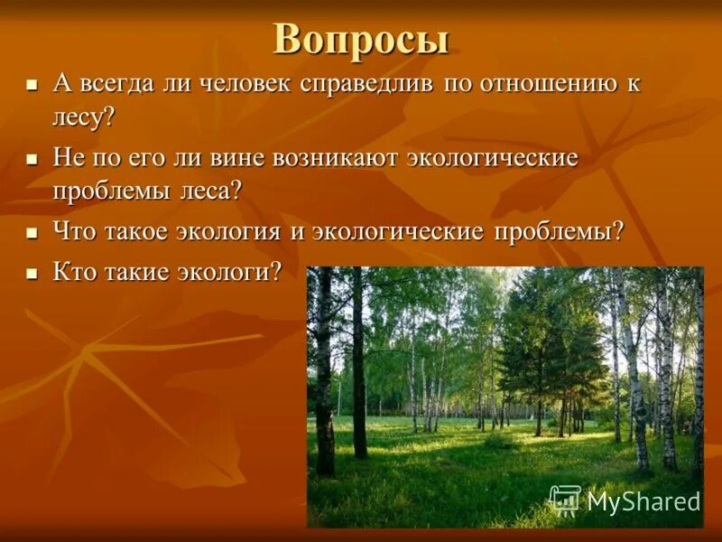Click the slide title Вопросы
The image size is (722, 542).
pos(361,39)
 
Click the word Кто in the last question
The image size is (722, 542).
pos(73,272)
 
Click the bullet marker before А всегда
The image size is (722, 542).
pos(32,85)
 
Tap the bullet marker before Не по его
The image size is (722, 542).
pos(32,159)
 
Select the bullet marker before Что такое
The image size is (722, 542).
pos(32,233)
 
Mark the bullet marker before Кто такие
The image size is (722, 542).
pos(32,273)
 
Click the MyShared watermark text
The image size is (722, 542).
pos(643,501)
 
